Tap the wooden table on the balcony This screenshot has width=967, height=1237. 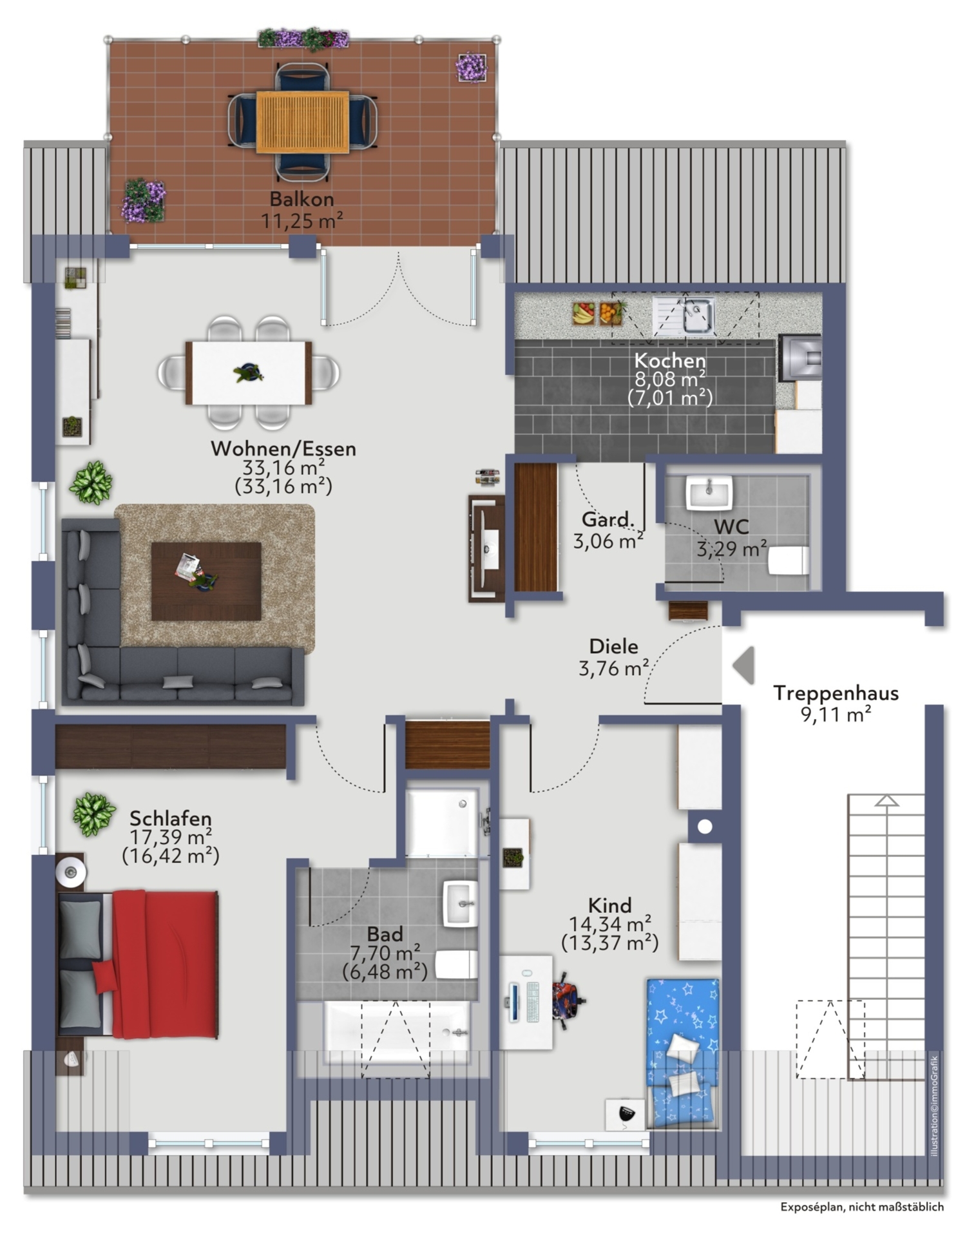coord(303,122)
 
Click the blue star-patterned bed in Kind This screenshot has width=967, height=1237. coord(683,1053)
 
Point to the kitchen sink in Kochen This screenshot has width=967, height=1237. coord(684,316)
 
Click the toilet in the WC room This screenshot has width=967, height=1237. coord(788,560)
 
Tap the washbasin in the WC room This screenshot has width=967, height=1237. coord(709,493)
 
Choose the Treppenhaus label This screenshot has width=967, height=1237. coord(836,693)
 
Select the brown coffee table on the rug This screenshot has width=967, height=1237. coord(206,581)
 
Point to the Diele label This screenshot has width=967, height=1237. coord(613,646)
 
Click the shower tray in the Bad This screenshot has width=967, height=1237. coord(443,823)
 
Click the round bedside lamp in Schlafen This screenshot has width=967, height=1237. coord(71,872)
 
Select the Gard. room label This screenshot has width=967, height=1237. coord(607,519)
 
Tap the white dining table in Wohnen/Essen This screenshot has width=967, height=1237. coord(249,372)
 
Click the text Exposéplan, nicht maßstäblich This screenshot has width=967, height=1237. coord(862,1207)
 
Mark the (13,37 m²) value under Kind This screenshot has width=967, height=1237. coord(609,943)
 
